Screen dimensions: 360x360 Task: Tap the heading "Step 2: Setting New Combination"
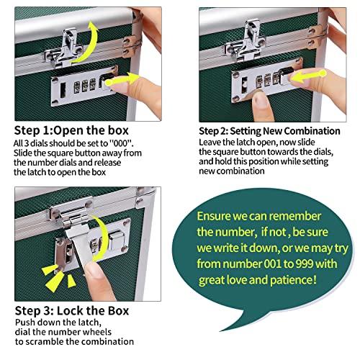pos(269,130)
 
